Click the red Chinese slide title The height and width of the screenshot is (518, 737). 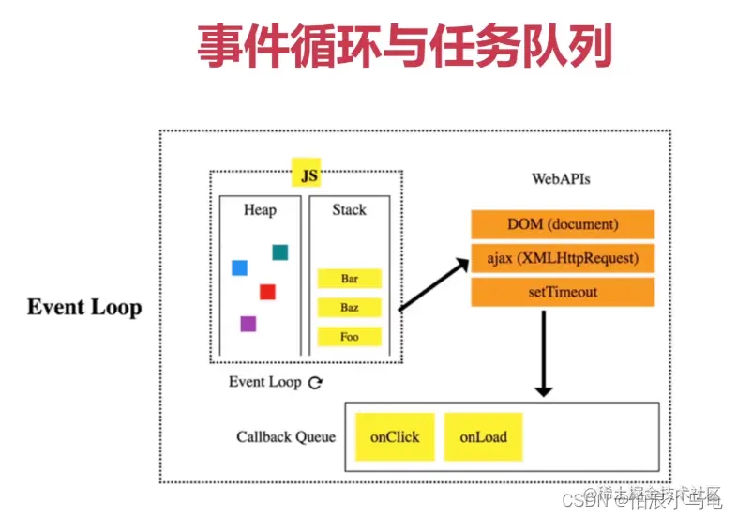click(404, 46)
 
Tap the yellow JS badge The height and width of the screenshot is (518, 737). click(307, 174)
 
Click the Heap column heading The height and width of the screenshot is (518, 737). click(260, 210)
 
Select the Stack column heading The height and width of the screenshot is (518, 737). click(349, 210)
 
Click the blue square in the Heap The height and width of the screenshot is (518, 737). click(239, 268)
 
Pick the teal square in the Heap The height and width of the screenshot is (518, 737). click(279, 251)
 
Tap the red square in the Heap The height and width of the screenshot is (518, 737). click(267, 292)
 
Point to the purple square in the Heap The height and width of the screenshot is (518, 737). click(248, 324)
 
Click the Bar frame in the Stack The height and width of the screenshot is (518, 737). click(350, 279)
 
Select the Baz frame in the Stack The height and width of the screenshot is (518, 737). click(350, 307)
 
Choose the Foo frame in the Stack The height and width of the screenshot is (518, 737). click(350, 336)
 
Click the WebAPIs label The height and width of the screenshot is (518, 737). click(561, 178)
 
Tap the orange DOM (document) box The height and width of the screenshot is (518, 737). click(562, 225)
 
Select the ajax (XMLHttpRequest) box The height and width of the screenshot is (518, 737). click(562, 258)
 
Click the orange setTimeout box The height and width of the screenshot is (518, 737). click(562, 292)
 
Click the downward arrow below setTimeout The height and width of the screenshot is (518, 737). click(542, 352)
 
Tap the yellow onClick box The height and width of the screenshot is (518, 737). click(395, 436)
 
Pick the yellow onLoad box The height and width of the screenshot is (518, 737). click(483, 436)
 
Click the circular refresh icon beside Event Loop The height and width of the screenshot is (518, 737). click(316, 383)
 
